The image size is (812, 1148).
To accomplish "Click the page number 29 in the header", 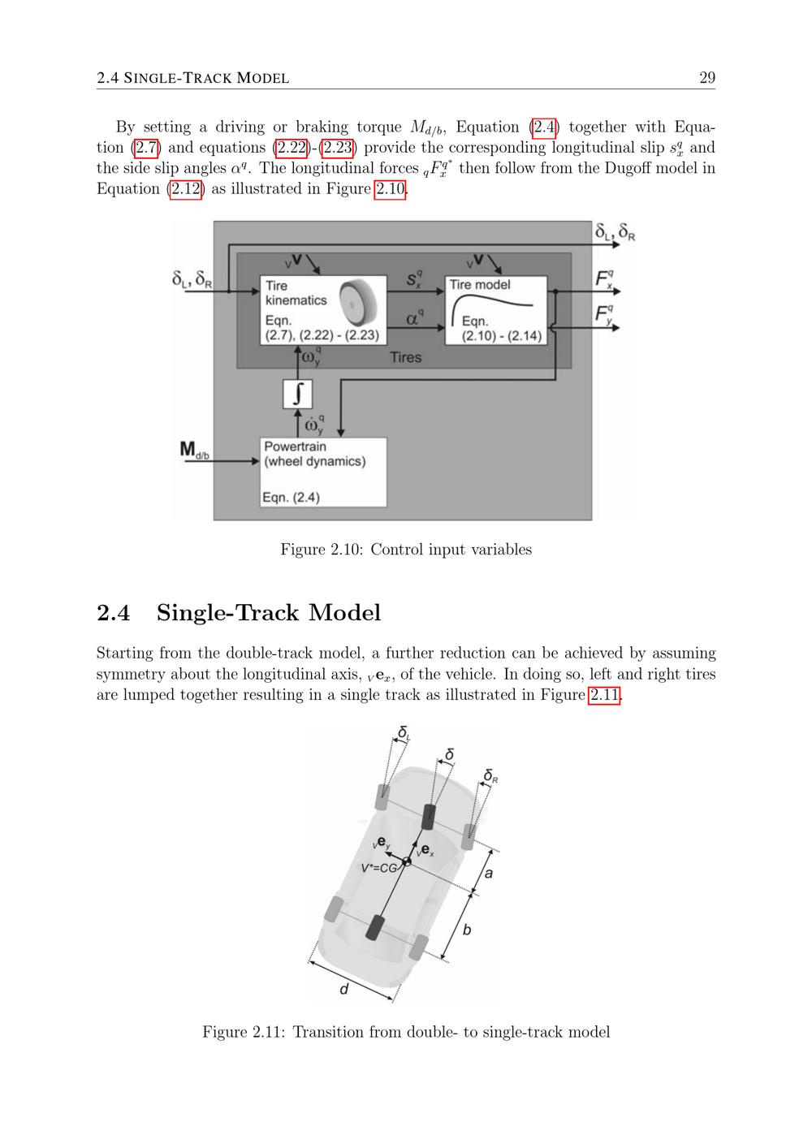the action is tap(707, 77).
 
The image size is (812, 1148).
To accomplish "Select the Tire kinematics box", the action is tap(323, 310).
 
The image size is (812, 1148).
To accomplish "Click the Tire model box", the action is tap(495, 310).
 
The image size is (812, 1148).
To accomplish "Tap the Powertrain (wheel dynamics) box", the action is tap(323, 472).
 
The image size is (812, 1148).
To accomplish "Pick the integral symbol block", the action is tap(297, 394).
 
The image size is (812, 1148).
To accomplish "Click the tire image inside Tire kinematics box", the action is tap(358, 303).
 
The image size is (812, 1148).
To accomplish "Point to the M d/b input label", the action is tap(194, 450).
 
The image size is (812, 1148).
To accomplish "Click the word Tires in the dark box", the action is tap(405, 357).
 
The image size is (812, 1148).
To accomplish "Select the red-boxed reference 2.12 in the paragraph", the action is tap(186, 189).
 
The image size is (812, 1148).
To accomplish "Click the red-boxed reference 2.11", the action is tap(604, 695).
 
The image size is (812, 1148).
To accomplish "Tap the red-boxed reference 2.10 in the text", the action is tap(390, 189).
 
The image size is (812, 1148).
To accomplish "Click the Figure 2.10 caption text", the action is tap(406, 550).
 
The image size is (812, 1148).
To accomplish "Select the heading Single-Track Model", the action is tap(269, 612).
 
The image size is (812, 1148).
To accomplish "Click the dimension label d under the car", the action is tap(344, 989).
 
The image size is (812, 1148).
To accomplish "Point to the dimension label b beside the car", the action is tap(466, 929).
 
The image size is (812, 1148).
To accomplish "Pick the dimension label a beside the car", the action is tap(489, 874).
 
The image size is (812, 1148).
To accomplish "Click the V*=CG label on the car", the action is tap(379, 868).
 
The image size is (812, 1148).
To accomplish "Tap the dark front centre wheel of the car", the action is tap(429, 817).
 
